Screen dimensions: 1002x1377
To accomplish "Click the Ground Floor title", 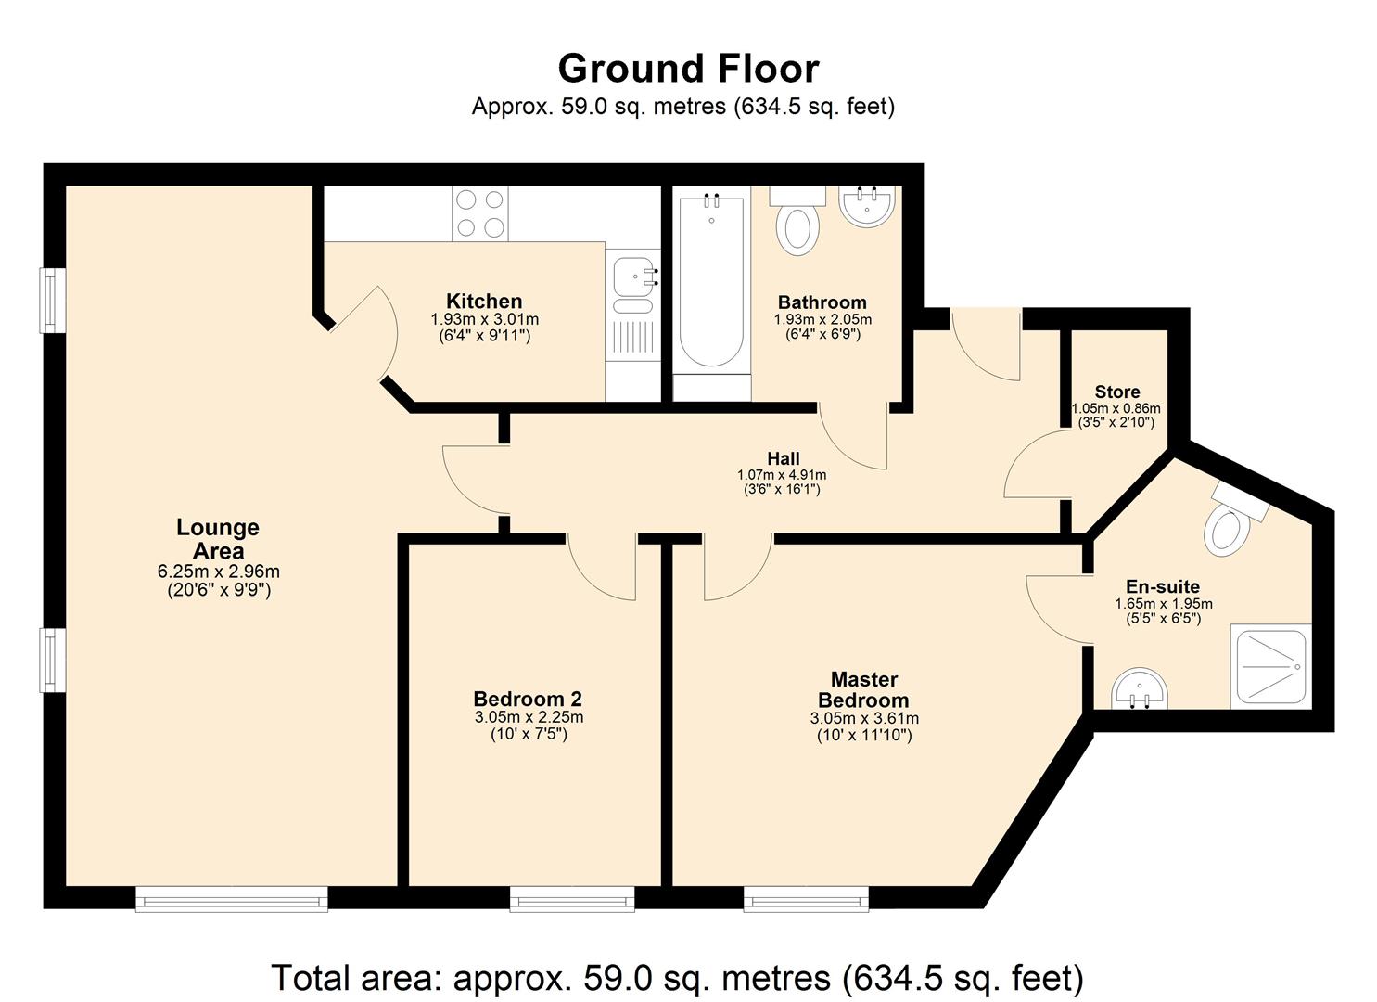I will (x=688, y=69).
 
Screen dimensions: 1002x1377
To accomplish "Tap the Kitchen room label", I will (x=484, y=302).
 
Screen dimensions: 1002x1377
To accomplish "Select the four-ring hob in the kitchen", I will (x=480, y=213).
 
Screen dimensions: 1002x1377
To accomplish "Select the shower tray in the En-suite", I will (x=1271, y=665).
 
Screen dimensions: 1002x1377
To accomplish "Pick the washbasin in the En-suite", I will (x=1141, y=691).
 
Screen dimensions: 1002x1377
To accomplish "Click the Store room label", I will (x=1116, y=392).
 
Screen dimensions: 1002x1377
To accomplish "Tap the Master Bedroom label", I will (x=863, y=690).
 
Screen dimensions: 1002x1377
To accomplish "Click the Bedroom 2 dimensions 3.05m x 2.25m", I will (x=529, y=717).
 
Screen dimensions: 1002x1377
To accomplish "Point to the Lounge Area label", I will (x=218, y=539).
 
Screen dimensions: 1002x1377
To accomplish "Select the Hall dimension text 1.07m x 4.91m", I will (x=783, y=475).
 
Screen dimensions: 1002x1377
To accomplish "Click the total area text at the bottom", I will (x=677, y=978).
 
